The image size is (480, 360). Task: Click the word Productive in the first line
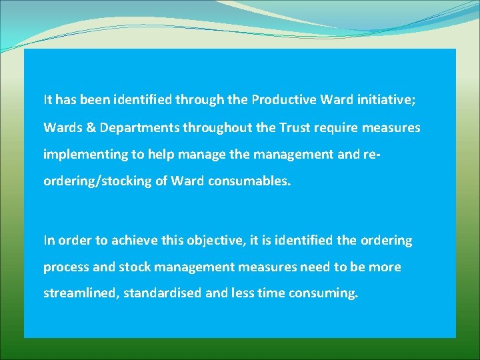pos(284,101)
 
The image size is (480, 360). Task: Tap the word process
pos(66,267)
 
